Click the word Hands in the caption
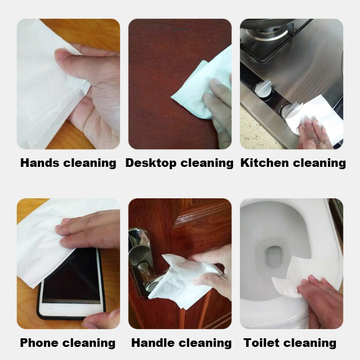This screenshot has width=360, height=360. [x=40, y=163]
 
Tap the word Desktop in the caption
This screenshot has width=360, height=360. [x=151, y=163]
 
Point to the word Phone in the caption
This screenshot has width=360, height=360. [x=39, y=343]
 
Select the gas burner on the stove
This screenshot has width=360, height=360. [x=266, y=34]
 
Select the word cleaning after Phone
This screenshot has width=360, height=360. [x=89, y=343]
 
